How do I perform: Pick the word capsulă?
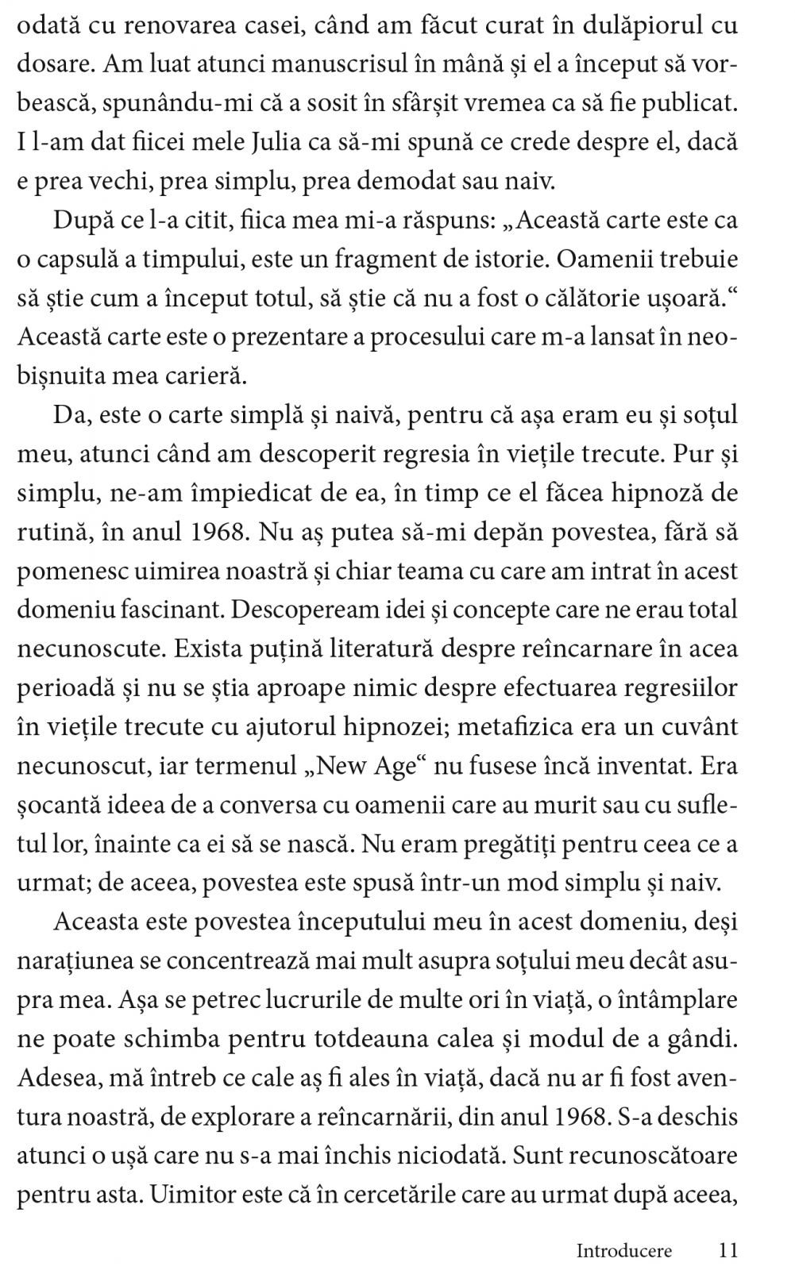[x=83, y=260]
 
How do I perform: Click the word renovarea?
[x=195, y=26]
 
